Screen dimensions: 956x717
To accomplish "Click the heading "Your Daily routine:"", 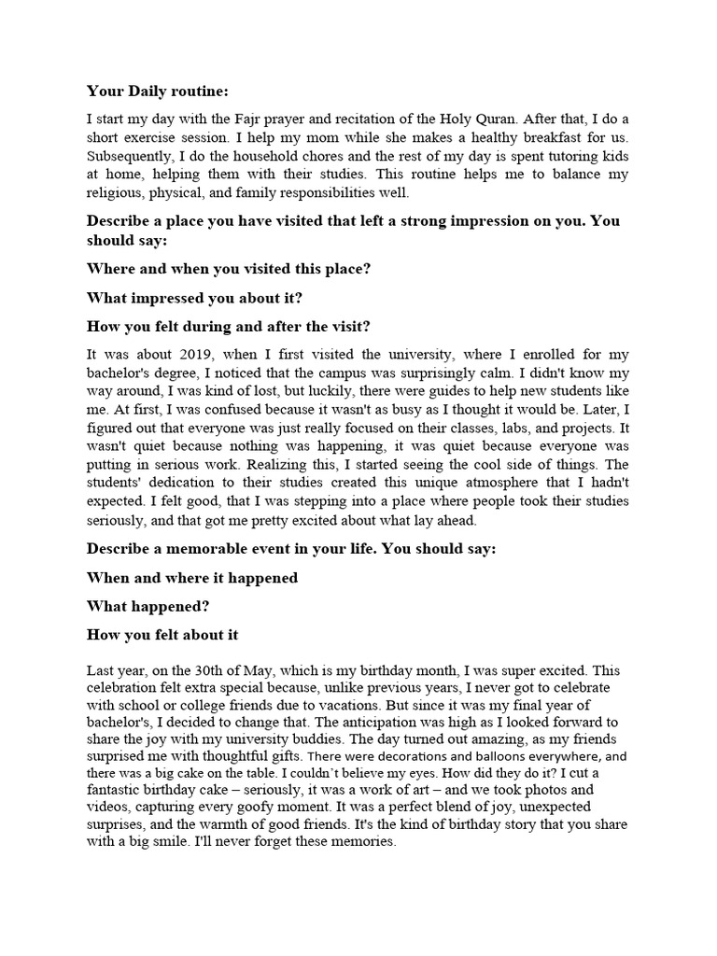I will (x=157, y=91).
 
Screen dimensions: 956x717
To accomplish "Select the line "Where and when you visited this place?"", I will (x=229, y=268).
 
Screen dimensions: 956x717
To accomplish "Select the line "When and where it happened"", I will (x=192, y=578).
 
